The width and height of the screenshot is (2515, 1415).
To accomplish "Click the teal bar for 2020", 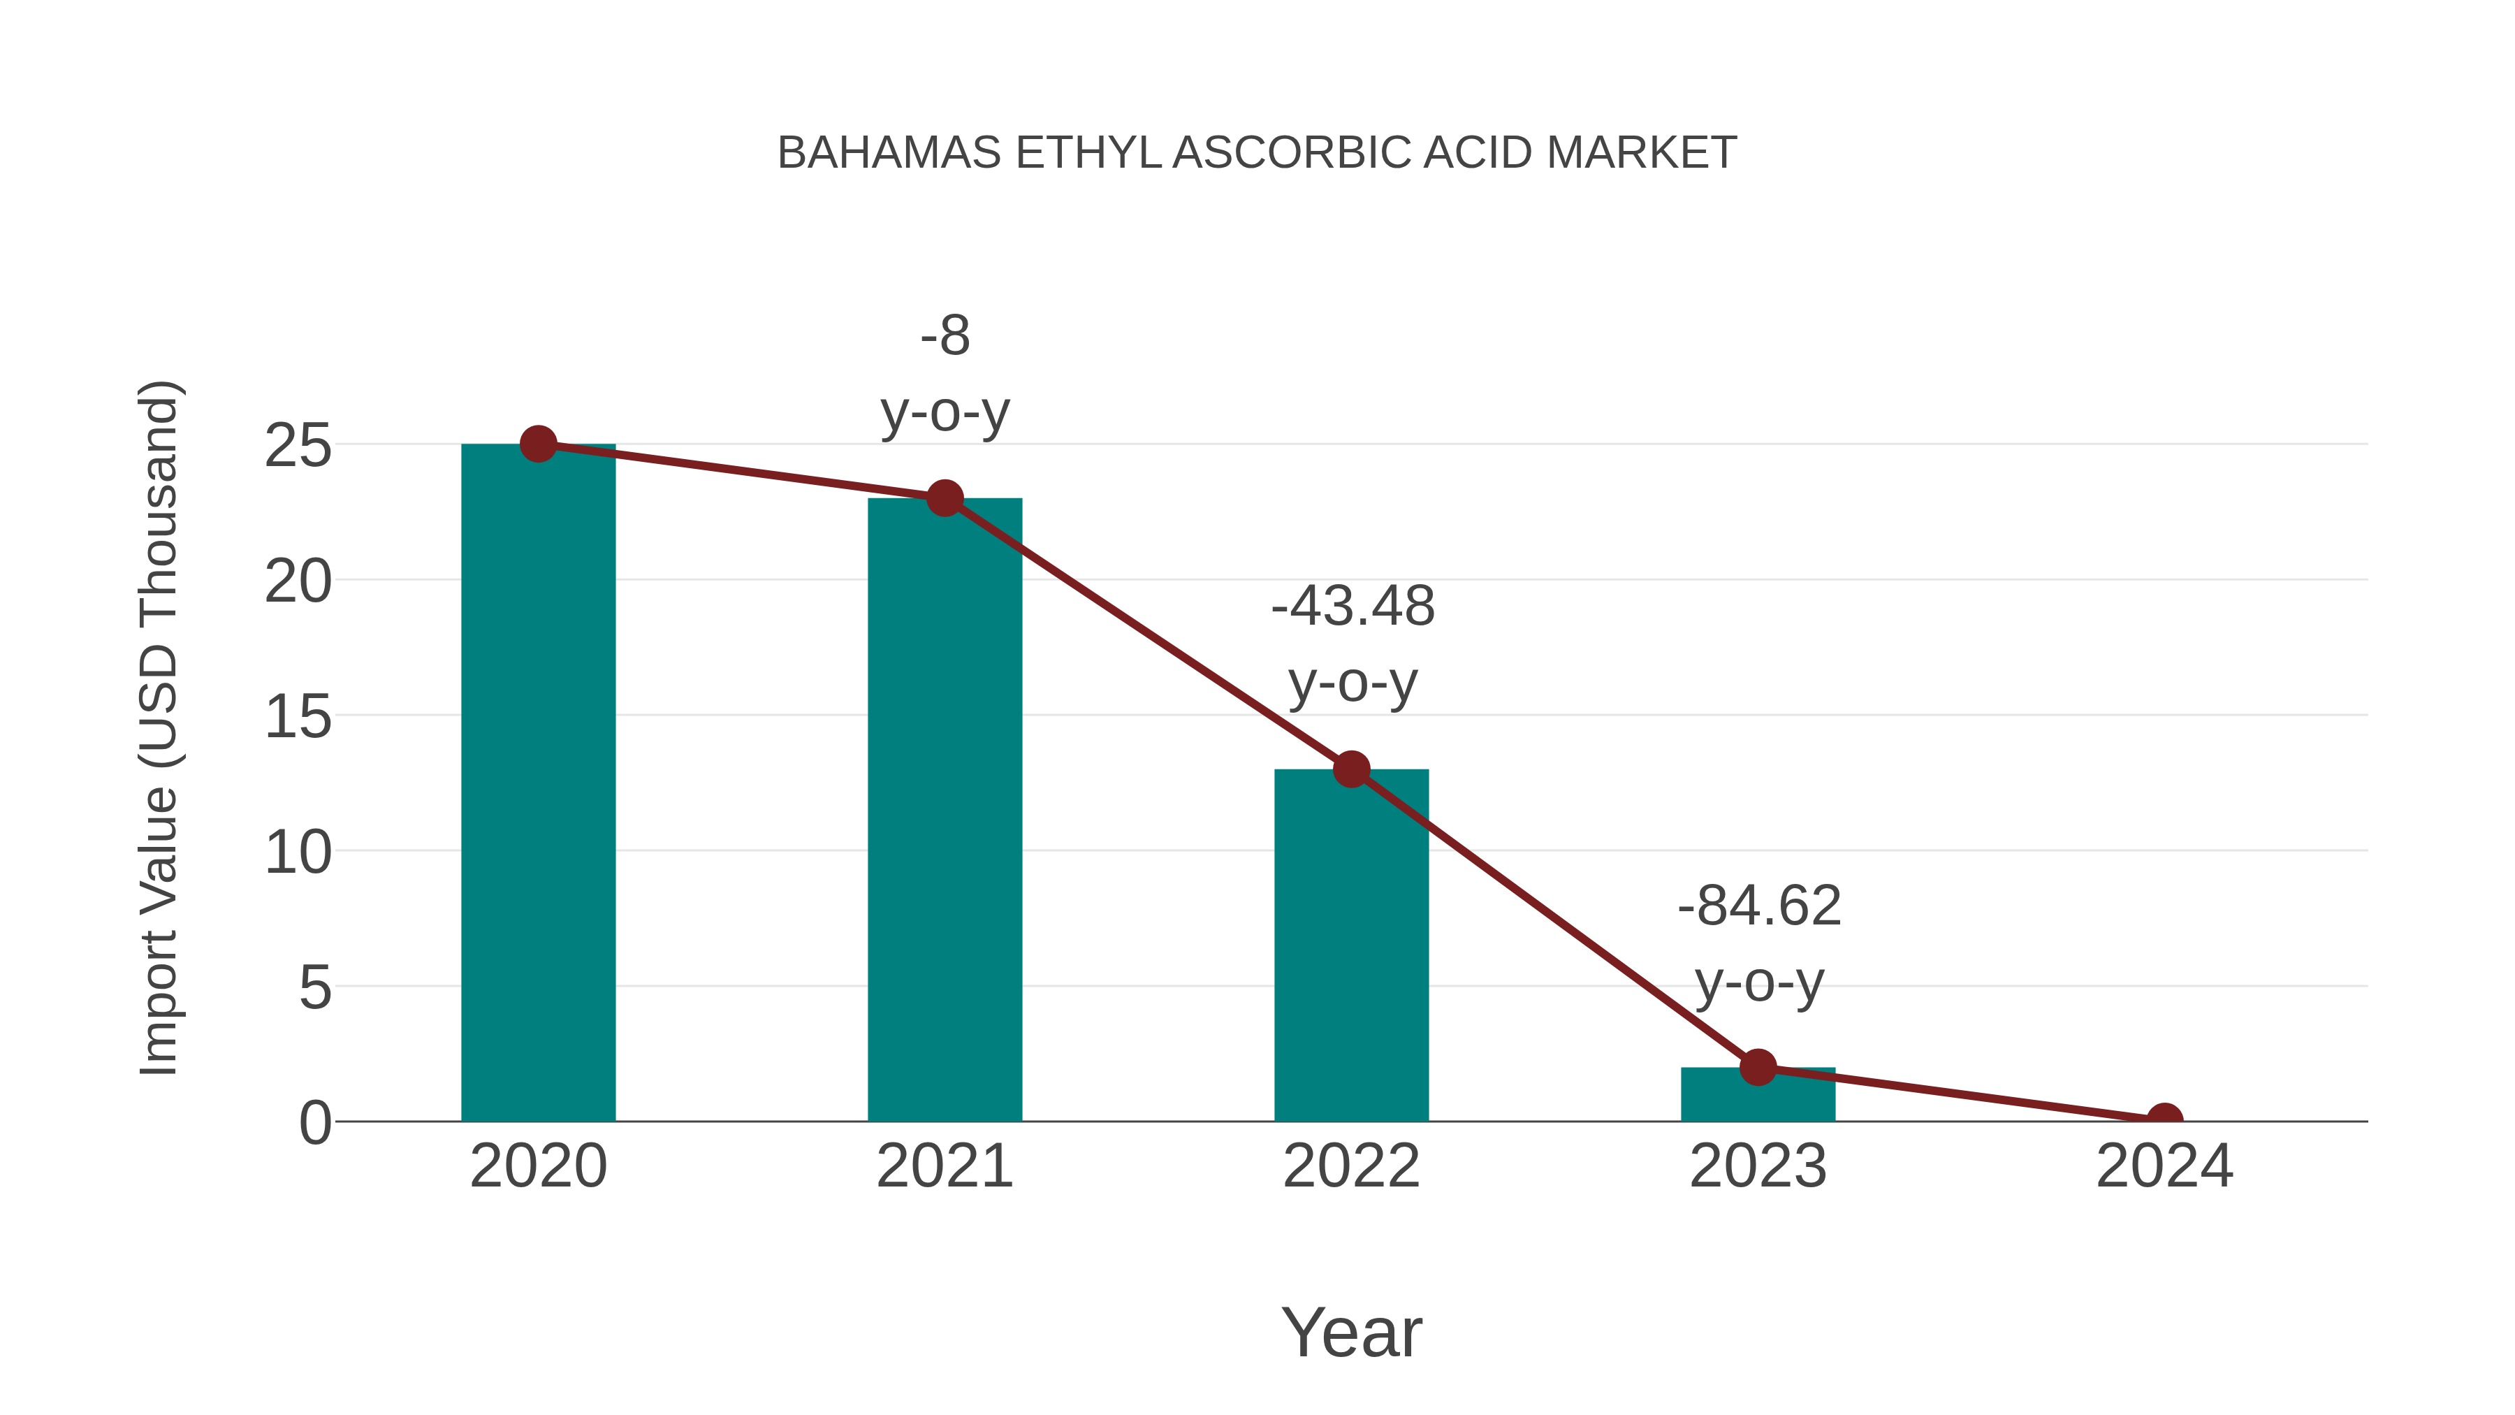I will pos(538,781).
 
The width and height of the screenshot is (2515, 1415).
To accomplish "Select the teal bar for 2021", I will pos(944,811).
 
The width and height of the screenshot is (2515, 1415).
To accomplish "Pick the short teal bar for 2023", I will pos(1758,1096).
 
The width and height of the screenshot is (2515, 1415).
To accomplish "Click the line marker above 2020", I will pos(538,444).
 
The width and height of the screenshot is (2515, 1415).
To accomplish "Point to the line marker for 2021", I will pos(944,499).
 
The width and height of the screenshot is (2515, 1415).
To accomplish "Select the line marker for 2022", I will pos(1351,769).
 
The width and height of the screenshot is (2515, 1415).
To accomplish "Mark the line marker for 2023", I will pos(1758,1067).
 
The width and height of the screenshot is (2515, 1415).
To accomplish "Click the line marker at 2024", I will pos(2164,1119).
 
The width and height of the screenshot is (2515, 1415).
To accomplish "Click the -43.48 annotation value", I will pos(1353,607).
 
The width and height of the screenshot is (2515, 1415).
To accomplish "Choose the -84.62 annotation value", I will pos(1759,906).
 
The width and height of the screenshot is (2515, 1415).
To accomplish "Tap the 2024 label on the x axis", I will pos(2164,1166).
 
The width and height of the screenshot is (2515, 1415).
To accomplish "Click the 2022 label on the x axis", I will pos(1351,1166).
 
